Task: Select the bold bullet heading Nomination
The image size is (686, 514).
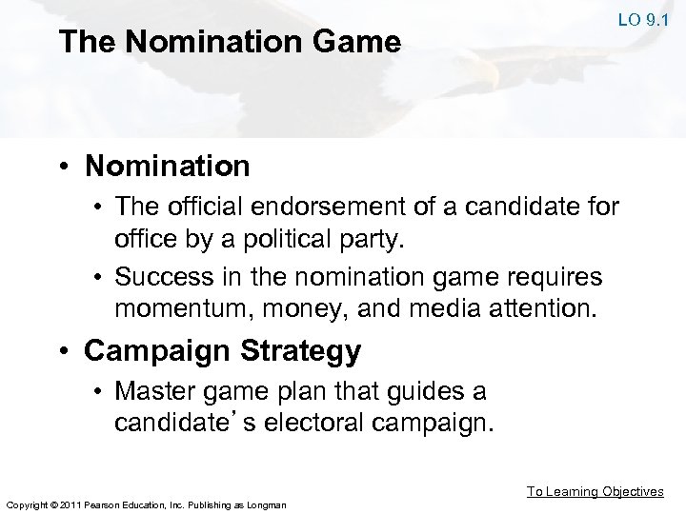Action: tap(168, 167)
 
